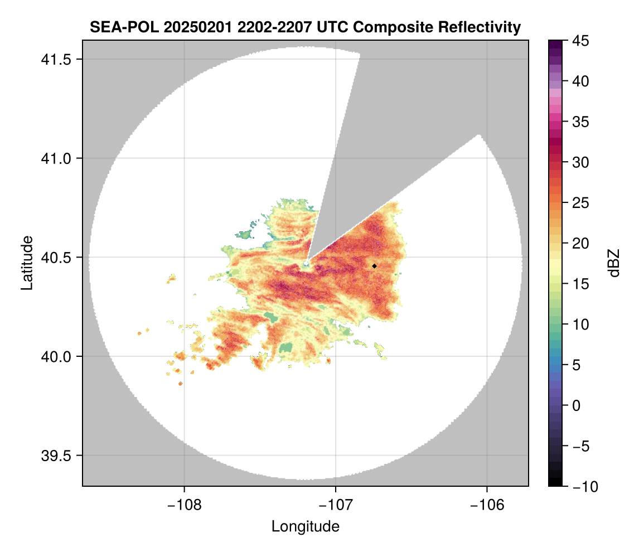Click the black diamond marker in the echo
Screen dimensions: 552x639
coord(374,266)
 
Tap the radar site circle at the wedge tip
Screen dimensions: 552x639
coord(306,263)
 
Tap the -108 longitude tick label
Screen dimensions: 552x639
coord(184,505)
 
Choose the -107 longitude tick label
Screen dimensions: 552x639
coord(336,505)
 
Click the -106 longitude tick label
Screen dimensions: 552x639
coord(487,505)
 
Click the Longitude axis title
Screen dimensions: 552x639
coord(305,526)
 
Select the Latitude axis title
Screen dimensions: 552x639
coord(27,263)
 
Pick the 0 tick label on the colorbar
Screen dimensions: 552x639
coord(575,405)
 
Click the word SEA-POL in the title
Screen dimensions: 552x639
coord(125,27)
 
